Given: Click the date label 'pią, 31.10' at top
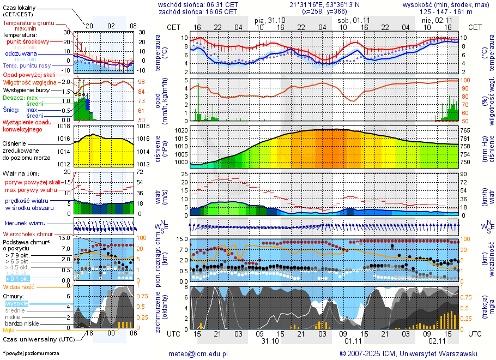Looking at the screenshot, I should (x=270, y=20).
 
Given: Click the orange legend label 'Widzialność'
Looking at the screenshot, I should (x=19, y=286).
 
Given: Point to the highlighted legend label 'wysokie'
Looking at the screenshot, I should (x=16, y=303).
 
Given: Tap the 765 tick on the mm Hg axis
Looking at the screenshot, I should (x=464, y=131).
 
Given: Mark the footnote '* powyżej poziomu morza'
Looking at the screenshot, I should (x=31, y=353).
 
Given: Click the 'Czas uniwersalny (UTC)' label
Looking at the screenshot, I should (x=38, y=339).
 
